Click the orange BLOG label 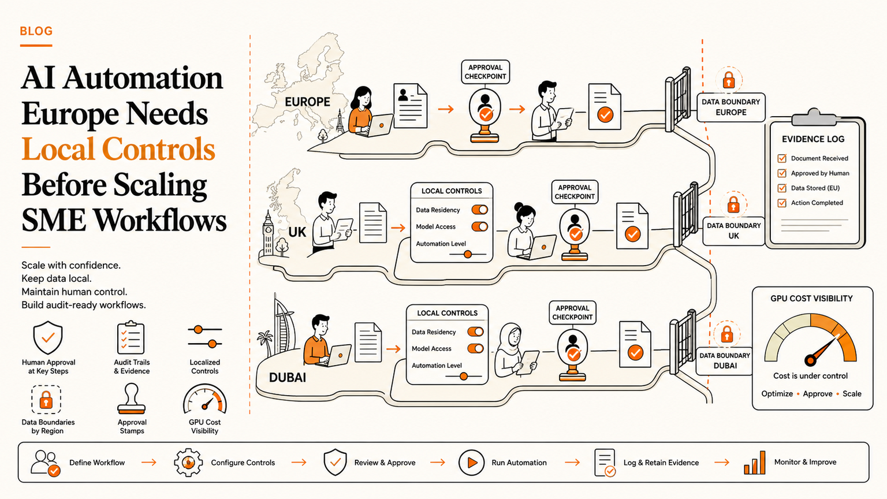[36, 31]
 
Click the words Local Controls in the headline [118, 149]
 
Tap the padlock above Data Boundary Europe [729, 80]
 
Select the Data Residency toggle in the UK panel [479, 210]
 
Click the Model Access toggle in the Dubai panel [475, 348]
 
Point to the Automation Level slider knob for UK [468, 254]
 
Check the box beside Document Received [782, 158]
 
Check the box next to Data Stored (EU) [782, 188]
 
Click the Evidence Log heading [813, 139]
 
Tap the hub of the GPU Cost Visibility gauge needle [811, 360]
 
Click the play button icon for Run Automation [471, 463]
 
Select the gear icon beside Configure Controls [188, 462]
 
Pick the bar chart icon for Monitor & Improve [755, 463]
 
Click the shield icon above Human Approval [48, 338]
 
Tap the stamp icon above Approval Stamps [132, 399]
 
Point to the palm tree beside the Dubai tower [265, 342]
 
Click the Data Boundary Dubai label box [725, 360]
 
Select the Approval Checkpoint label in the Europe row [486, 72]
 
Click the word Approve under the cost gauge [818, 394]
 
